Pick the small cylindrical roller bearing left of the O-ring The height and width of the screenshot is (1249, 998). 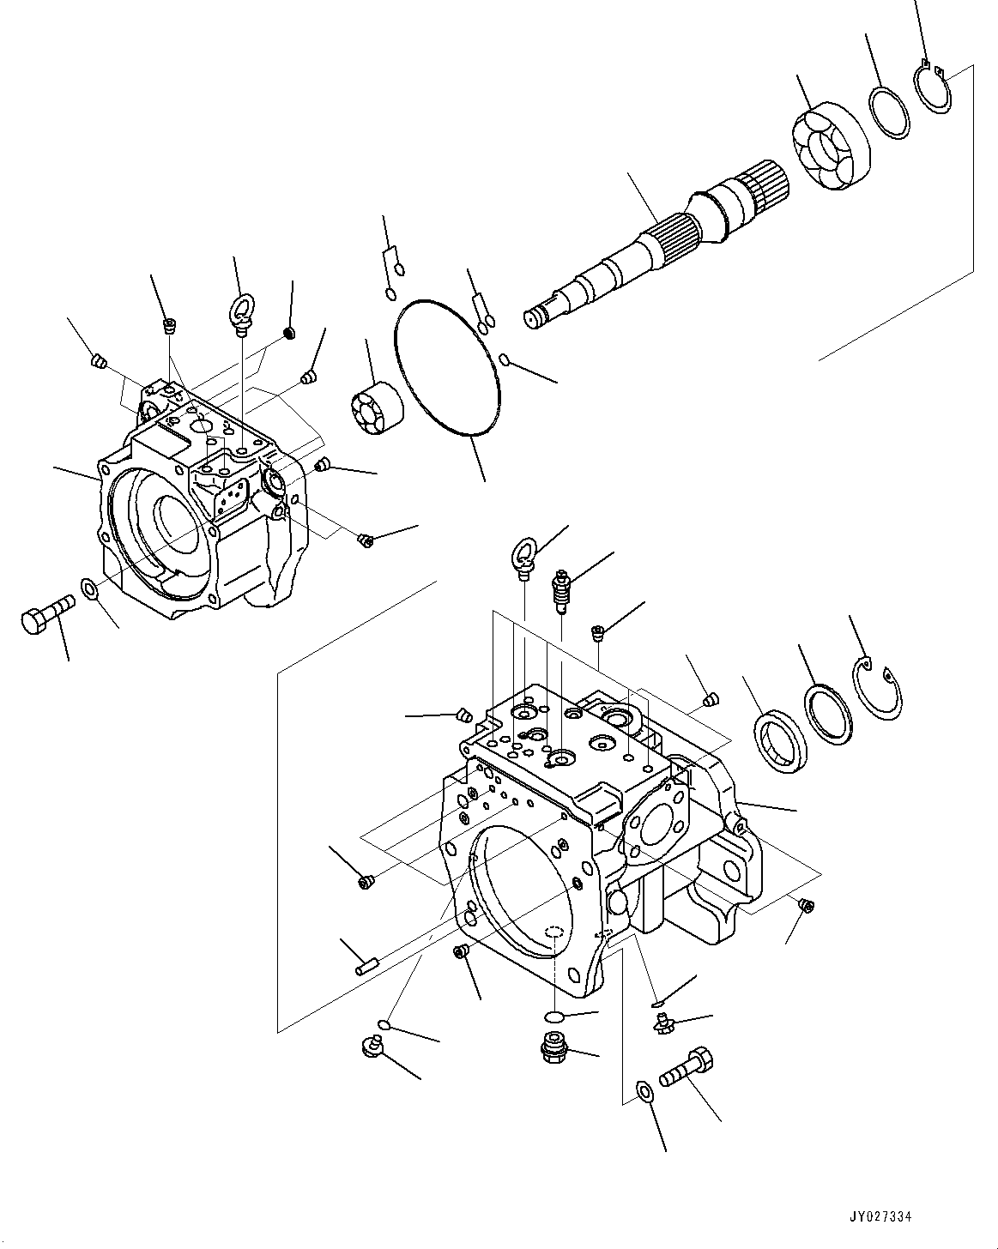coord(378,410)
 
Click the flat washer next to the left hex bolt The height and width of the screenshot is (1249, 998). coord(88,588)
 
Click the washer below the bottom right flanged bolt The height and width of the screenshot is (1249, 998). coord(644,1091)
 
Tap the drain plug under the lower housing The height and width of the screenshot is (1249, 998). coord(556,1049)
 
